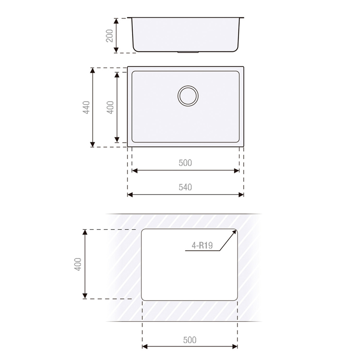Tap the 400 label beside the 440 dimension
110,107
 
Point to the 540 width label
185,187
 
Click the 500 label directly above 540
185,163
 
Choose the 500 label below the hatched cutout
190,340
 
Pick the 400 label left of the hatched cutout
78,264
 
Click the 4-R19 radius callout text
202,245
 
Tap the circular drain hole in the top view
188,96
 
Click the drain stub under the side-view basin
188,52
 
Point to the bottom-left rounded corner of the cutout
144,299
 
